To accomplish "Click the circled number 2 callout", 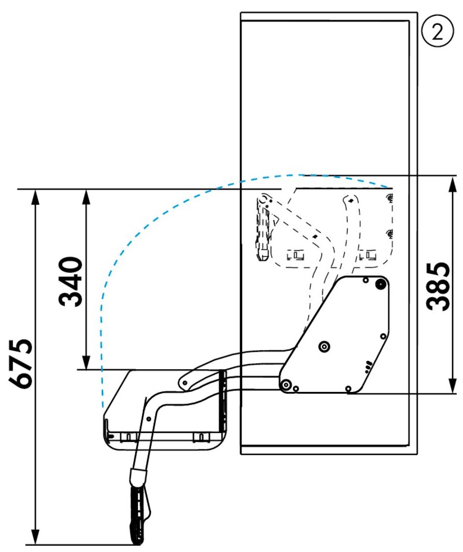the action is (x=437, y=32).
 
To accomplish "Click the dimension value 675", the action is (x=21, y=363).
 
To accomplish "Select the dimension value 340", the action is (x=71, y=282).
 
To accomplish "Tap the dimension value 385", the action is (x=438, y=287).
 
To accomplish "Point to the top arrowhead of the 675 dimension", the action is (x=35, y=196).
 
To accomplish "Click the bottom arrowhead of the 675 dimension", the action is (x=35, y=538).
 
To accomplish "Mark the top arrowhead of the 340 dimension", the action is (x=86, y=196).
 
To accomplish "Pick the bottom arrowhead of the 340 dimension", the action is (x=86, y=362).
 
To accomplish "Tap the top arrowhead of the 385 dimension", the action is (x=452, y=183).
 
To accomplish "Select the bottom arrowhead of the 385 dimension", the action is (x=452, y=386).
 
